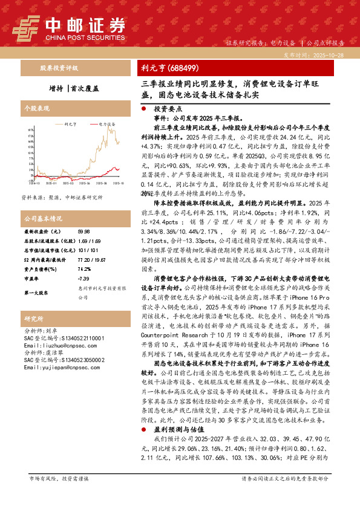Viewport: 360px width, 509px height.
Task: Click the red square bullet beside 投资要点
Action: click(x=143, y=107)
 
